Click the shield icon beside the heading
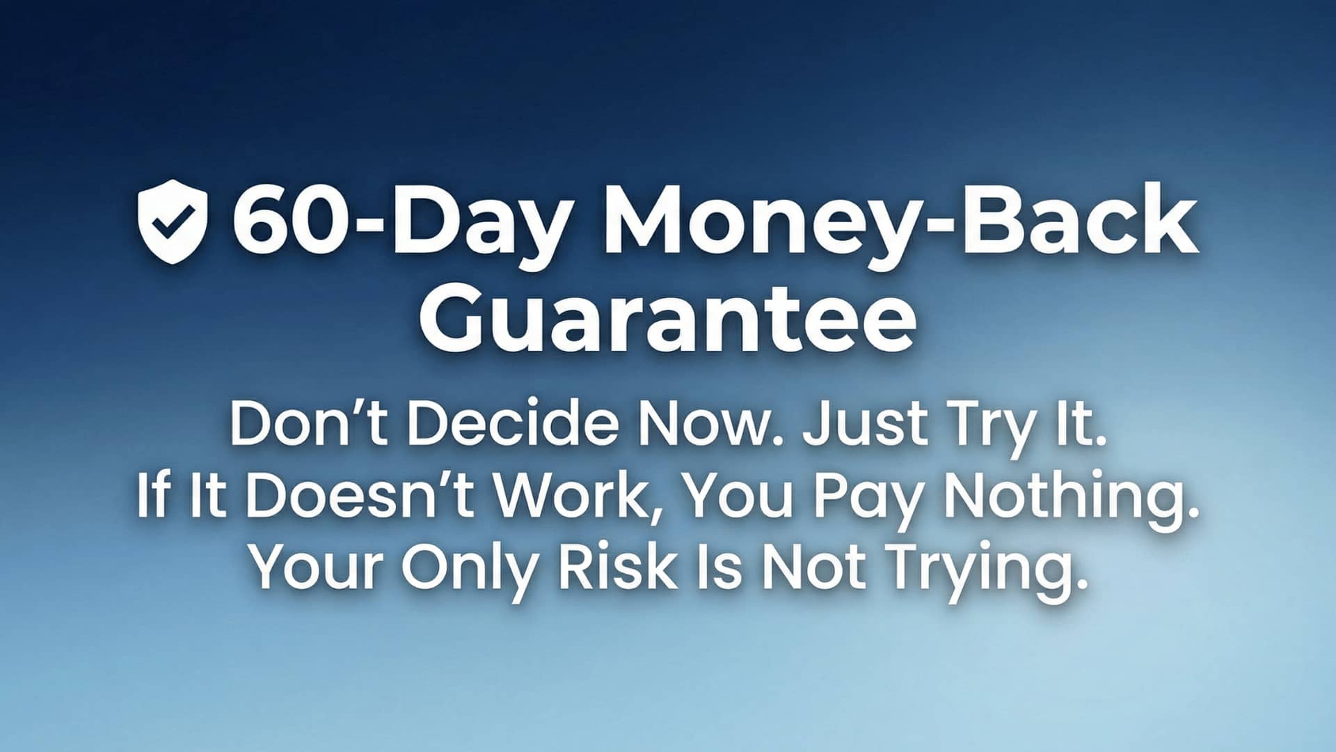173,221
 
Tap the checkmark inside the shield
171,223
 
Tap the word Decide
512,423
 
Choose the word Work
583,497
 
